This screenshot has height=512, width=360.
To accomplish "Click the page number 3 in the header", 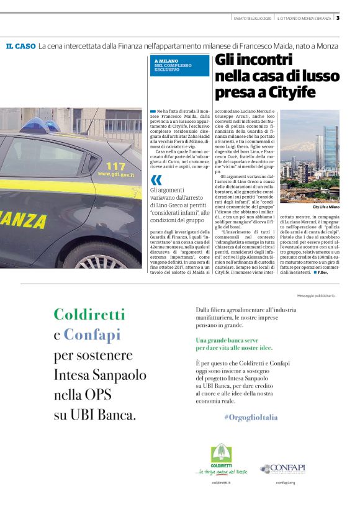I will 338,17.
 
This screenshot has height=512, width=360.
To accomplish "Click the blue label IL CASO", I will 20,47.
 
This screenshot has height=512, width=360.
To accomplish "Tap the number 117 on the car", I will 115,166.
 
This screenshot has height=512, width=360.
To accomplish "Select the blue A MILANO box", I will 180,65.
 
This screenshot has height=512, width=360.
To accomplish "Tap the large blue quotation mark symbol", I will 155,181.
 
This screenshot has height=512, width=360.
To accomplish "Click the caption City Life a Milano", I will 326,207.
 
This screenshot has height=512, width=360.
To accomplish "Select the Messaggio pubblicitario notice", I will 317,295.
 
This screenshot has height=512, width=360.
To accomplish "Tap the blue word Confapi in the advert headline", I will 92,336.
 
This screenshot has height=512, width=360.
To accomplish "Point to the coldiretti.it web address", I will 221,482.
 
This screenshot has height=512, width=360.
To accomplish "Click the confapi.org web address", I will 286,482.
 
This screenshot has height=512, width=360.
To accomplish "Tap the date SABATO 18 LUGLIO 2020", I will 253,17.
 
